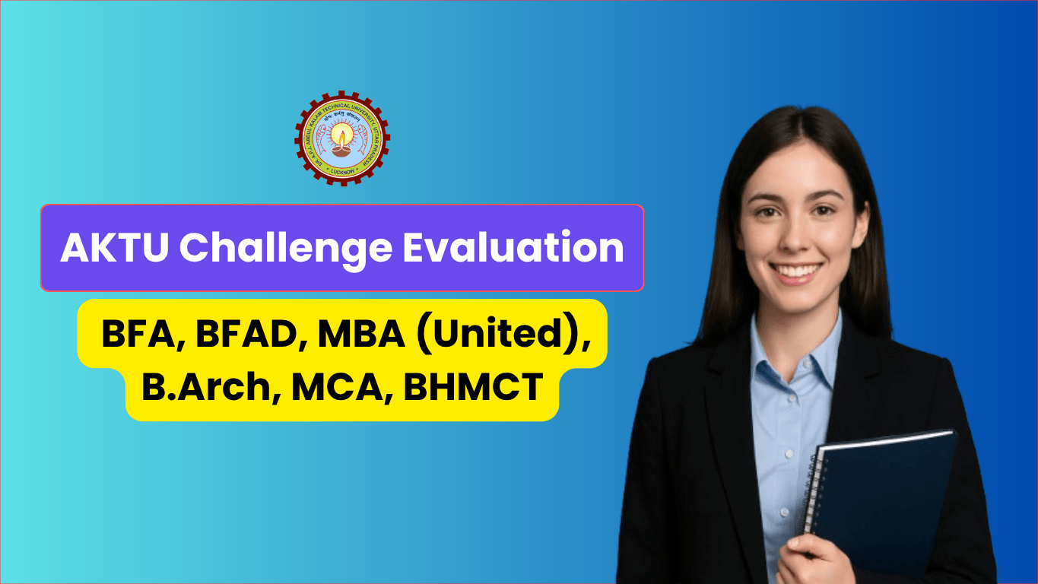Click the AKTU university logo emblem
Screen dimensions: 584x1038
[342, 138]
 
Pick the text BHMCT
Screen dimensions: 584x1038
[472, 387]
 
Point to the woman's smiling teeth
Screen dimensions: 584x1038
[795, 271]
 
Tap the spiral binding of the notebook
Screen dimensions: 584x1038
[812, 494]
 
